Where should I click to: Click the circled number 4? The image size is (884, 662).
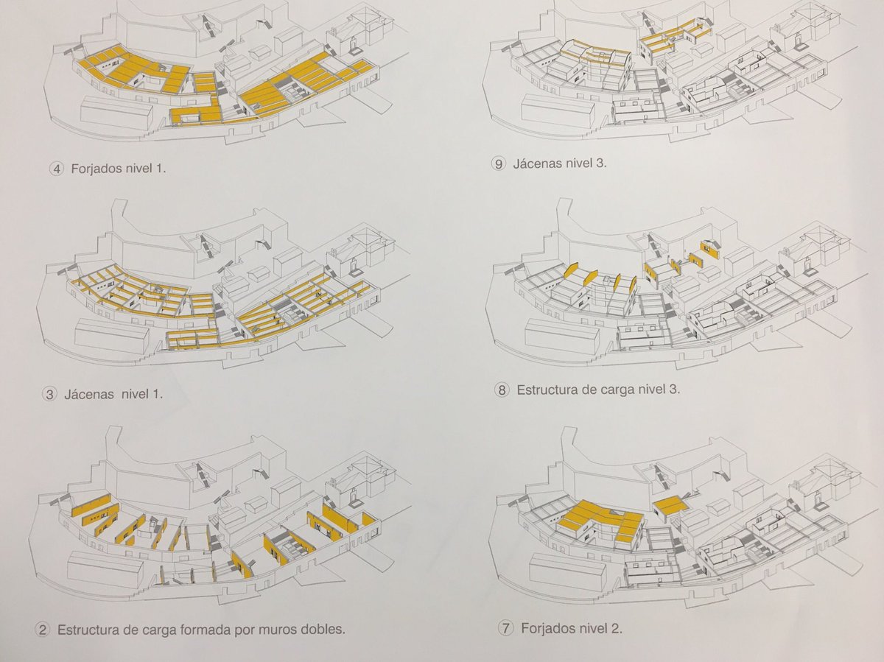(57, 168)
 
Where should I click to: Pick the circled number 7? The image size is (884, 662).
(505, 628)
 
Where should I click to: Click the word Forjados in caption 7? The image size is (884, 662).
(547, 628)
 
